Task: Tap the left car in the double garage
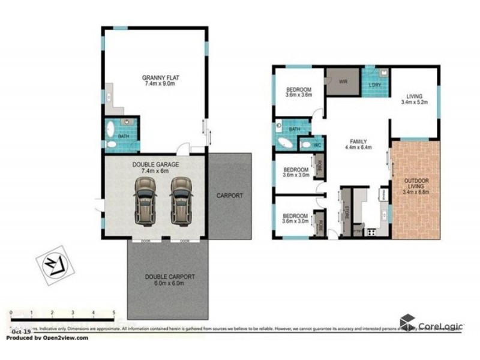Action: click(x=143, y=200)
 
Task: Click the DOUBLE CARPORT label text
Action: click(x=169, y=280)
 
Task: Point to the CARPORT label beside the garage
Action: click(x=230, y=196)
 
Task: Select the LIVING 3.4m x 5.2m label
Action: click(x=414, y=99)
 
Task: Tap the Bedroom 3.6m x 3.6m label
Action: click(x=298, y=91)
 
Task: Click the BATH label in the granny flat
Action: click(x=123, y=136)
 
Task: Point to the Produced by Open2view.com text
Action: click(x=46, y=338)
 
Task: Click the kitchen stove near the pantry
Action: click(x=371, y=231)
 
